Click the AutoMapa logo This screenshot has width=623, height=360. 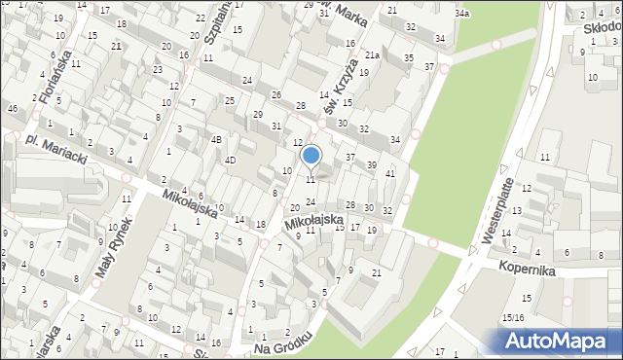coord(558,341)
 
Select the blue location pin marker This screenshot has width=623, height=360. coord(311,155)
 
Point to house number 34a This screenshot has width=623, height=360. coord(462,14)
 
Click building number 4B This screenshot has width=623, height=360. coord(217,139)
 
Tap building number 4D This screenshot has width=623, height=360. coord(231,160)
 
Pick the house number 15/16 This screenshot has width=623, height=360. coord(513,317)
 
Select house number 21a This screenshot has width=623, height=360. coord(372,55)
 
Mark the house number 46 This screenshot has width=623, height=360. coord(13,108)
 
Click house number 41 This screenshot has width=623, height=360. coord(390,173)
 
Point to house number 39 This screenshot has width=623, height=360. coord(371,165)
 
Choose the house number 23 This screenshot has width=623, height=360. coord(157,70)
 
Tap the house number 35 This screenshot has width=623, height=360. coord(408,58)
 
